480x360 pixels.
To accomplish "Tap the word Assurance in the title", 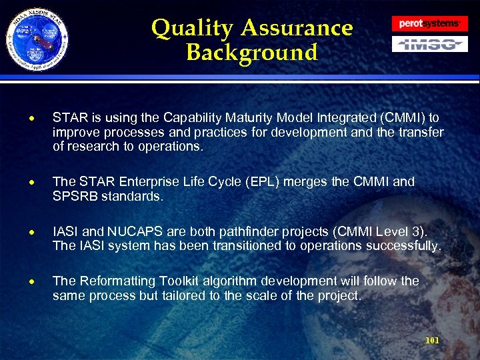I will (297, 29).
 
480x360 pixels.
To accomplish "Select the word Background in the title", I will (252, 53).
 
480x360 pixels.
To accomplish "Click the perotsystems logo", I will (429, 23).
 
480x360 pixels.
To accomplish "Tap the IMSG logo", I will (429, 44).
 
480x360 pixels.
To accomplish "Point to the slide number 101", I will (432, 341).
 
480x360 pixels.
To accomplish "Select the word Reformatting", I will (119, 281).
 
